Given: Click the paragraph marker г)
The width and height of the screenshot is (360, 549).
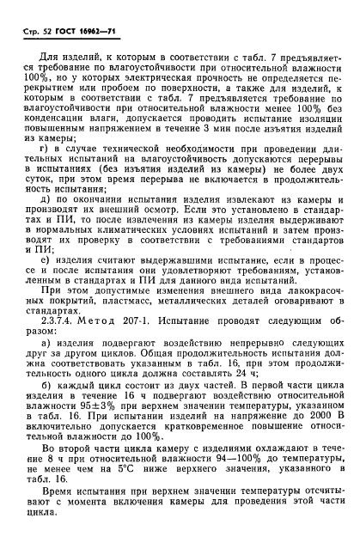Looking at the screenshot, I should pos(48,175).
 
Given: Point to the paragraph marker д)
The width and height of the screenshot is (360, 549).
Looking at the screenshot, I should pos(48,223).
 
